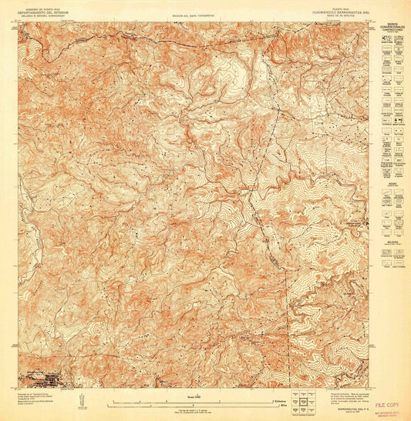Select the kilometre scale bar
click(193, 401)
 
